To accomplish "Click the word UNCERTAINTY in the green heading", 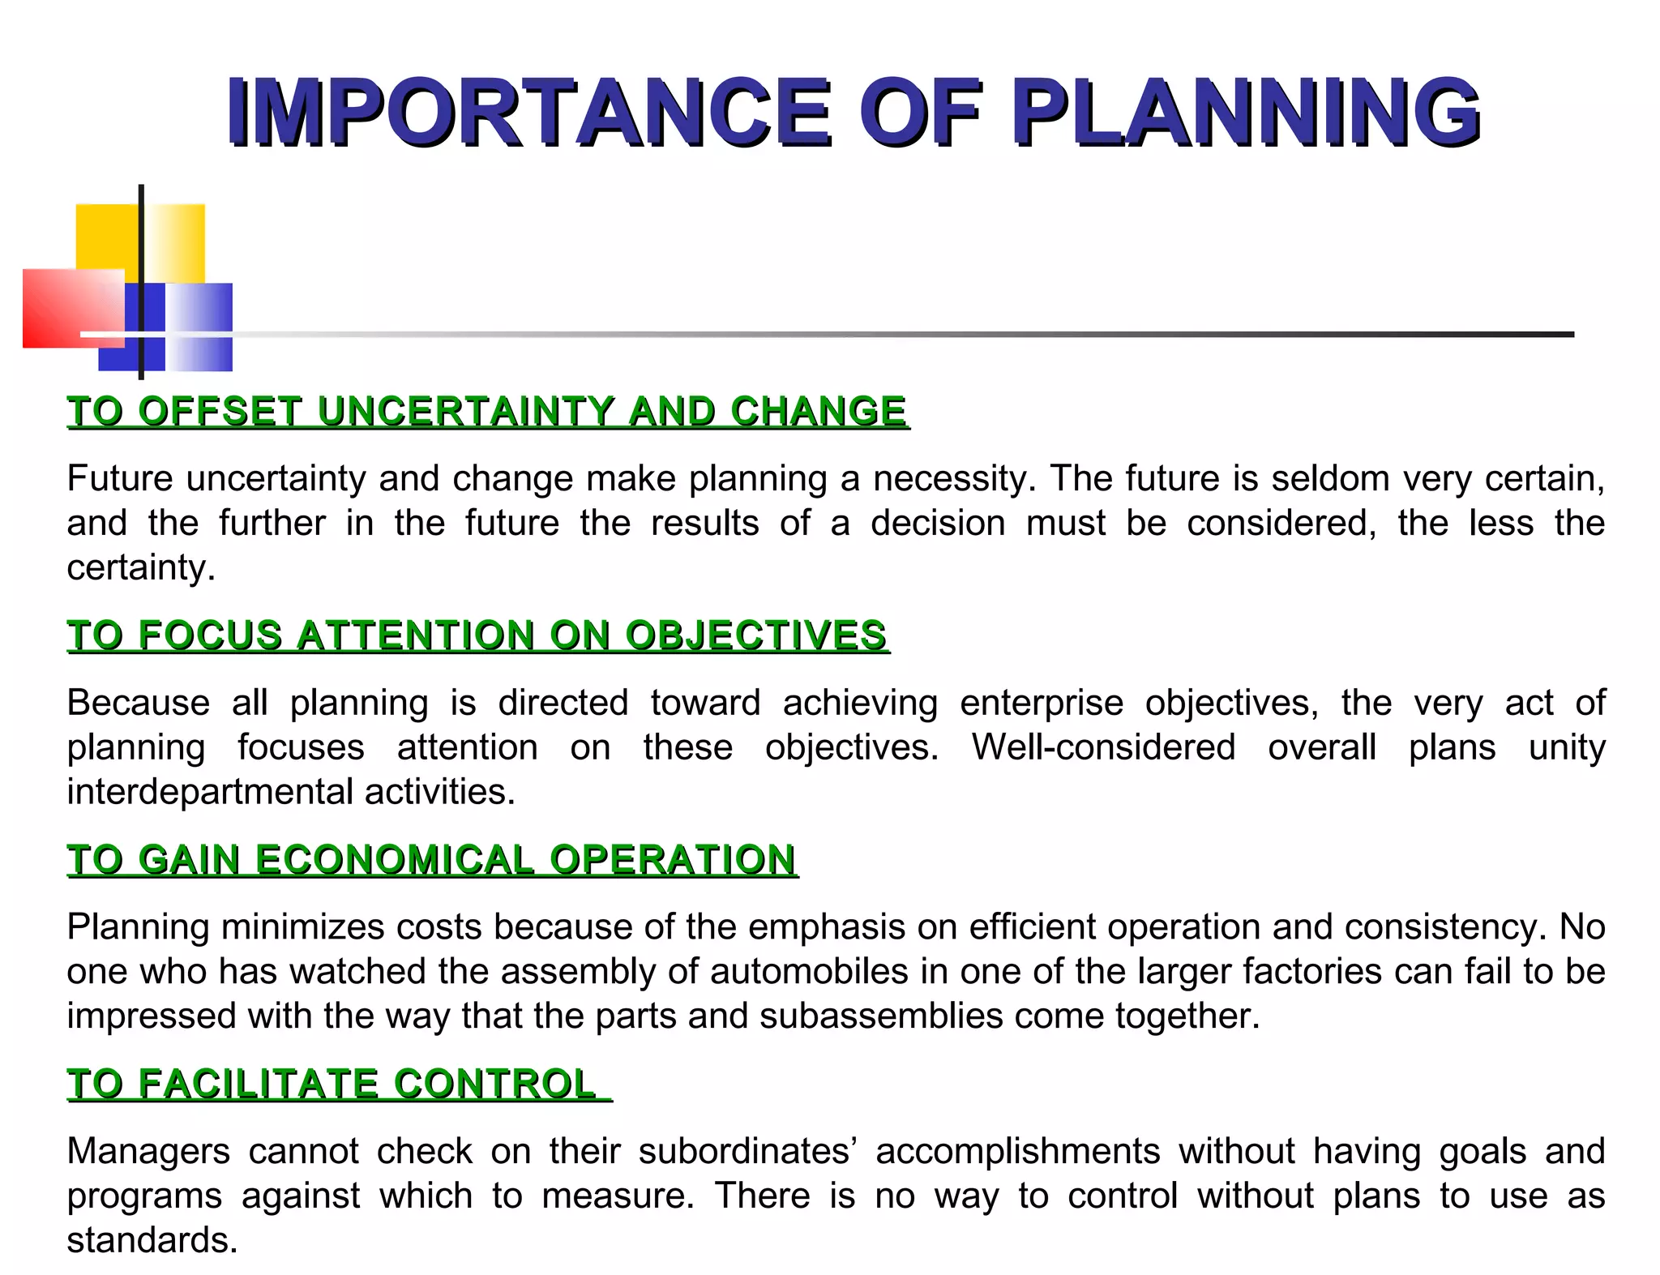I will pos(465,411).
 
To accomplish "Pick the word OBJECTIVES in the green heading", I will pos(755,635).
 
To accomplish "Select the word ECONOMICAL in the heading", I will pos(395,859).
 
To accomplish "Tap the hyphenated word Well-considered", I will pos(1103,747).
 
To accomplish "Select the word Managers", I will pos(148,1151).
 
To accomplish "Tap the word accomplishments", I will pos(1017,1151).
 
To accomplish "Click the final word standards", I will pos(152,1240).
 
